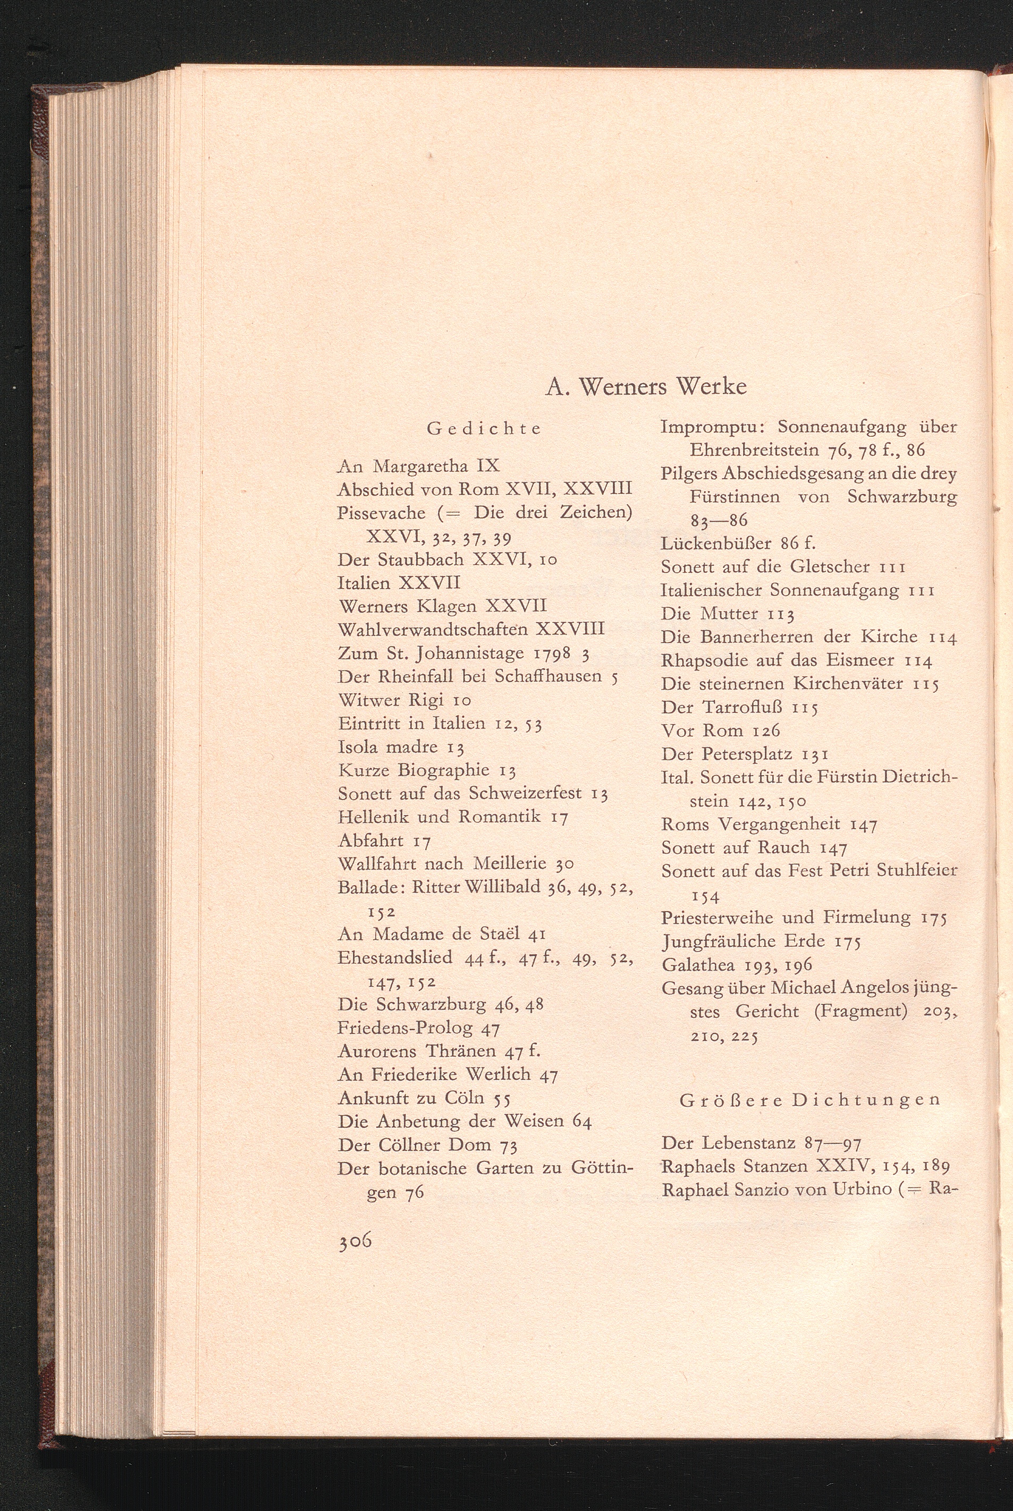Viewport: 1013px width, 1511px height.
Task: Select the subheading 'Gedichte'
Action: (x=485, y=429)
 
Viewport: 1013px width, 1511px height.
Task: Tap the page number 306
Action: (x=354, y=1241)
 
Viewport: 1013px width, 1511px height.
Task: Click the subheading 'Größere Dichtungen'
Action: (x=809, y=1100)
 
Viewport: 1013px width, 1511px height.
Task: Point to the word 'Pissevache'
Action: (x=381, y=513)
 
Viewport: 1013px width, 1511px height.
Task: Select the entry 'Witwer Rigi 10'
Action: (x=404, y=700)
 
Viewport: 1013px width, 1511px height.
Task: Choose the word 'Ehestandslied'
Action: (x=395, y=957)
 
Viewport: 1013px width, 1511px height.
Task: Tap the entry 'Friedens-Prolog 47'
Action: (x=419, y=1028)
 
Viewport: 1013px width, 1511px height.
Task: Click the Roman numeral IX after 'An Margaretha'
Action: (x=488, y=465)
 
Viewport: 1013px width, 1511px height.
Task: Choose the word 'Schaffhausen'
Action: (x=548, y=676)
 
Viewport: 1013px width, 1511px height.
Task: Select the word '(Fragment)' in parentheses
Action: (x=860, y=1011)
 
